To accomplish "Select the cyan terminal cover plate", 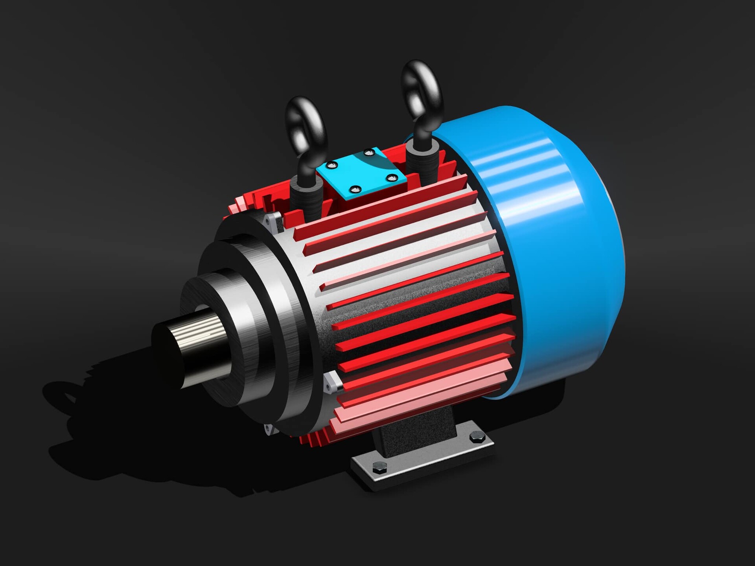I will (x=361, y=173).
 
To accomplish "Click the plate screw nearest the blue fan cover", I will (x=391, y=178).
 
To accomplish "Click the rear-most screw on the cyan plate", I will (x=368, y=152).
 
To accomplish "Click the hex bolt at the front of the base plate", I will (x=379, y=467).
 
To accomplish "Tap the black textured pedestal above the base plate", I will (x=417, y=433).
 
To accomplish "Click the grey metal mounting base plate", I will (x=425, y=460).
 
